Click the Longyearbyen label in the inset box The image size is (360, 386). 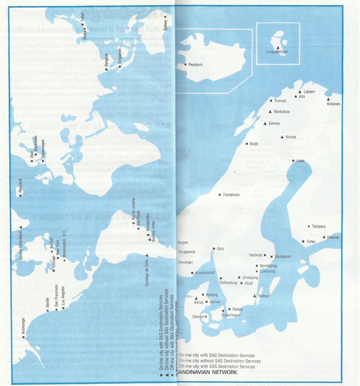point(277,52)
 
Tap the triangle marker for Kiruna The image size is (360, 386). point(282,137)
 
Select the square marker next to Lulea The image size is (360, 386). point(293,161)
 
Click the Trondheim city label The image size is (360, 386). point(231,195)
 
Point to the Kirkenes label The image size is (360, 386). point(333,104)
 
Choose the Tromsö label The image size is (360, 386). point(280,101)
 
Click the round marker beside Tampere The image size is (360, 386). point(309,226)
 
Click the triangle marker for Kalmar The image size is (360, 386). point(255,296)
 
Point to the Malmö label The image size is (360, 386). point(238,309)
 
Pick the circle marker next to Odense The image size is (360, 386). point(206,317)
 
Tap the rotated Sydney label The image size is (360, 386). point(166,25)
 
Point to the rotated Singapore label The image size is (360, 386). point(120,56)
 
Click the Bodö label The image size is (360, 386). point(254,144)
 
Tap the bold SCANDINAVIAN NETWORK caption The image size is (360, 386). point(207,372)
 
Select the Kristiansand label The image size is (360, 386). point(205,273)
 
